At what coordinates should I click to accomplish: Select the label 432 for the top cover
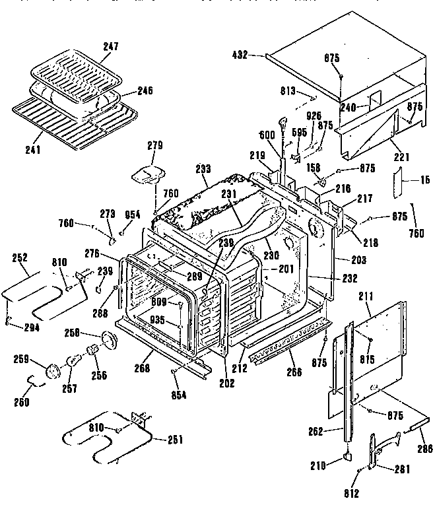[x=239, y=55]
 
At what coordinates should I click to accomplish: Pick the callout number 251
[x=175, y=440]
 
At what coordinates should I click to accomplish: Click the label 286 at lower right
[x=424, y=449]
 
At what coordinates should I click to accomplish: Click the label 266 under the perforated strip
[x=294, y=372]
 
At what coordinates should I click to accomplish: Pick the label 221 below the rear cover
[x=402, y=156]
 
